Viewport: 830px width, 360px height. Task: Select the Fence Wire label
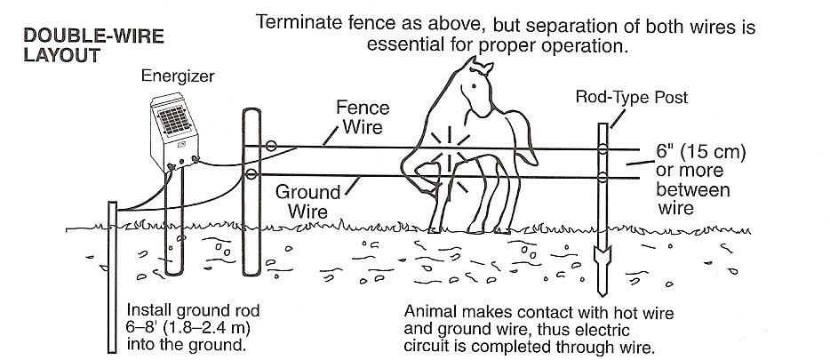pos(362,116)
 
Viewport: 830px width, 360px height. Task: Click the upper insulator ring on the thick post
pos(271,145)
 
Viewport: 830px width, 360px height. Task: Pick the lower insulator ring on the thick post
pos(252,174)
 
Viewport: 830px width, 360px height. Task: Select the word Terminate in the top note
pos(296,23)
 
